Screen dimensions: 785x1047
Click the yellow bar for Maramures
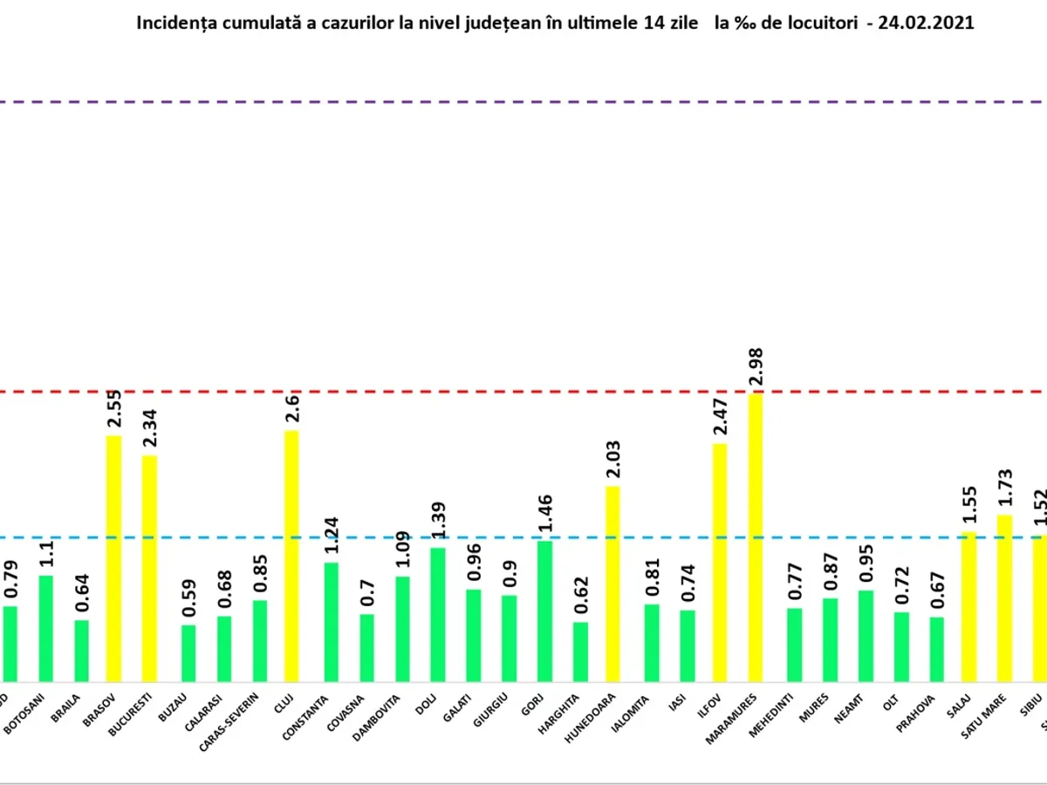click(x=755, y=536)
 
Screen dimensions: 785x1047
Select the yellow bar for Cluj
click(x=291, y=555)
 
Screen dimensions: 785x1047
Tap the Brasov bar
click(x=113, y=558)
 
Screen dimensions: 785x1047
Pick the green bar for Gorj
click(x=545, y=611)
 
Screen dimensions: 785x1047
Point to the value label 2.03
click(x=612, y=459)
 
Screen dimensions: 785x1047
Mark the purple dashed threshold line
click(x=523, y=102)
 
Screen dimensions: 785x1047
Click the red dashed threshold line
click(x=523, y=392)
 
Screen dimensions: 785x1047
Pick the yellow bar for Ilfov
click(x=720, y=562)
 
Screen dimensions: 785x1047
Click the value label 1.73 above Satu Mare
click(x=1005, y=489)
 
